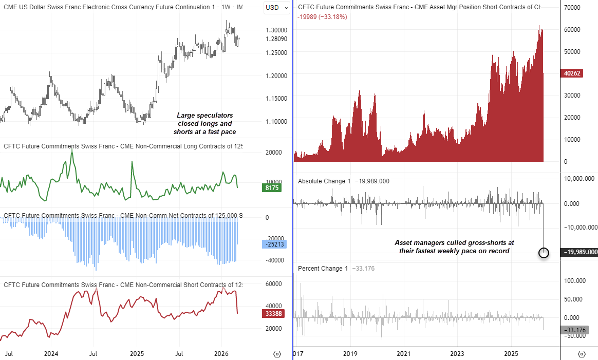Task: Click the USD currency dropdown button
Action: click(275, 7)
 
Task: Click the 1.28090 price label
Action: click(276, 39)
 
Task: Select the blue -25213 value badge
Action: click(273, 244)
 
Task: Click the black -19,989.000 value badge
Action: click(579, 252)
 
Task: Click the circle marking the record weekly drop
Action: click(544, 252)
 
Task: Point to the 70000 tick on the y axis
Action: click(572, 8)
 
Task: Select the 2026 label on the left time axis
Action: click(221, 354)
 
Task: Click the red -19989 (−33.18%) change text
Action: click(322, 17)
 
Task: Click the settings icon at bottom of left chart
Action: click(277, 354)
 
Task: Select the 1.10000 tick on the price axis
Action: click(276, 121)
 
